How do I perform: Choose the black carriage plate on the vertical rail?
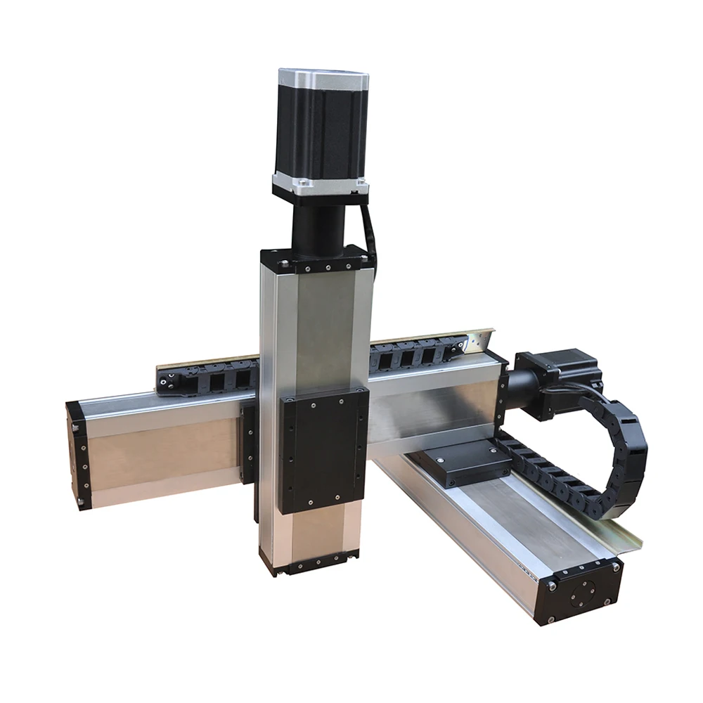(x=323, y=450)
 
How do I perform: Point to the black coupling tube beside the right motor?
(x=524, y=387)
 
